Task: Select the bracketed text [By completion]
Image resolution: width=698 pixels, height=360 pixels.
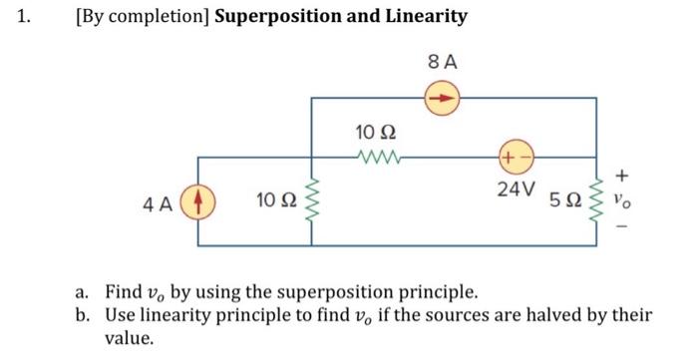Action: click(x=142, y=17)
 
